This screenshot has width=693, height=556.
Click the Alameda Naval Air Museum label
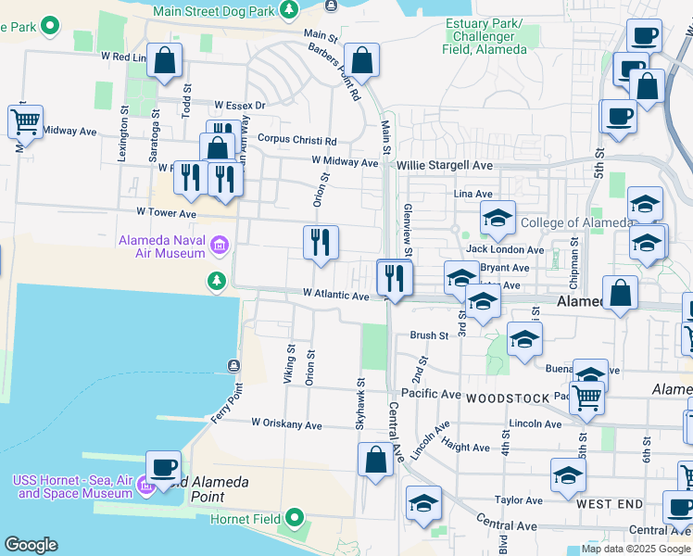click(x=161, y=246)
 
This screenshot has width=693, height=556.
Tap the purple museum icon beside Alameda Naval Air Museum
click(x=220, y=246)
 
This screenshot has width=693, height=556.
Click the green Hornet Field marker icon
click(x=296, y=517)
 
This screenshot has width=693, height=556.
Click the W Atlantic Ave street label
click(x=335, y=295)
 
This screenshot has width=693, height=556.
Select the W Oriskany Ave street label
click(x=286, y=424)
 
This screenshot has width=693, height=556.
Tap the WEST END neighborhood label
click(x=610, y=503)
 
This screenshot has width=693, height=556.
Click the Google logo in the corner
click(x=31, y=545)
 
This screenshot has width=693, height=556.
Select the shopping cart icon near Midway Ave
click(x=25, y=121)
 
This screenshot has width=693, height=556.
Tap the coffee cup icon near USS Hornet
click(x=163, y=468)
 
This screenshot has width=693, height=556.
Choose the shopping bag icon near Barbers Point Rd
click(x=361, y=61)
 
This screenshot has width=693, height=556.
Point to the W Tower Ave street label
click(x=166, y=213)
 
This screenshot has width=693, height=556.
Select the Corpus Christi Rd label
click(x=296, y=140)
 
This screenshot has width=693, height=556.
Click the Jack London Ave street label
click(x=505, y=249)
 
